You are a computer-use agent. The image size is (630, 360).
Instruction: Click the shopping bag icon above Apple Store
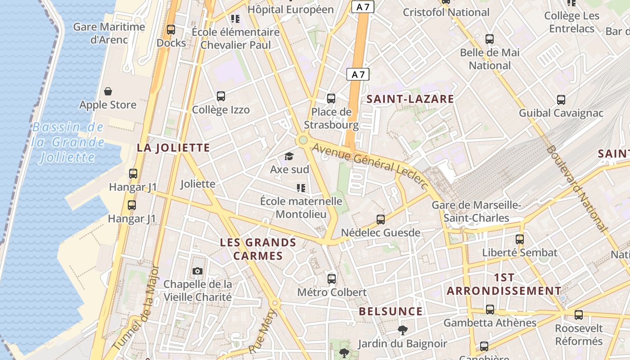pos(108,92)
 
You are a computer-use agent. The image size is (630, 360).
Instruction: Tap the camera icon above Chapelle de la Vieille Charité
pos(198,271)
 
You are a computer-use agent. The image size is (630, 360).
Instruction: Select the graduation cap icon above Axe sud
pos(289,156)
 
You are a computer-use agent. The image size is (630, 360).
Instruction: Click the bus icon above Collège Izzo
pos(220,96)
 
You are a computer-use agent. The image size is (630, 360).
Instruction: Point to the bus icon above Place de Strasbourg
pos(331,98)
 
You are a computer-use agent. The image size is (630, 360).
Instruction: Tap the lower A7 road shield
pos(358,75)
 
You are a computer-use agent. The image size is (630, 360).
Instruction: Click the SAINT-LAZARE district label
pos(410,99)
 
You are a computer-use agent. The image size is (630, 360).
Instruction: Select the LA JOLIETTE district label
pos(173,148)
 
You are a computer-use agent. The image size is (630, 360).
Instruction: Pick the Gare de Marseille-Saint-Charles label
pos(476,211)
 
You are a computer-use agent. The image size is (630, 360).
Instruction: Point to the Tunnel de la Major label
pos(137,309)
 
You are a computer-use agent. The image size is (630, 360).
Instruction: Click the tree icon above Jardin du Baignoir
pos(402,331)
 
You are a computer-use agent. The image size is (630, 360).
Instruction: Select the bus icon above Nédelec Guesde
pos(381,220)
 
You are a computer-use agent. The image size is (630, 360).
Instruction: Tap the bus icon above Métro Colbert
pos(332,279)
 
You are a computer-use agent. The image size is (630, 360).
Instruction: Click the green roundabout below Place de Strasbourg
pos(303,140)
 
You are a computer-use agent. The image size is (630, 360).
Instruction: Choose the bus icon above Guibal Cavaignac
pos(561,100)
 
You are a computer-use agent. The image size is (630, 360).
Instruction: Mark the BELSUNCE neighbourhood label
pos(391,311)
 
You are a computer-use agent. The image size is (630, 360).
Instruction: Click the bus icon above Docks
pos(171,30)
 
